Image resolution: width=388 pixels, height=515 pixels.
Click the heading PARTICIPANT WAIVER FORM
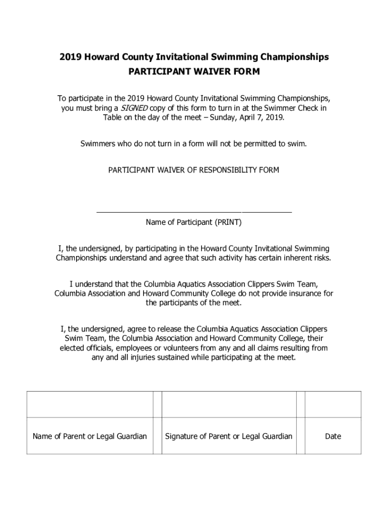pyautogui.click(x=194, y=71)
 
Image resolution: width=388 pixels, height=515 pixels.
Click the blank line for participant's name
pyautogui.click(x=194, y=211)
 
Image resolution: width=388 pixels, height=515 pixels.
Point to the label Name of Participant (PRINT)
pyautogui.click(x=194, y=222)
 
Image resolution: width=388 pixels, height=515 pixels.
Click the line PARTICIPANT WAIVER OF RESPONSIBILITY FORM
pyautogui.click(x=194, y=170)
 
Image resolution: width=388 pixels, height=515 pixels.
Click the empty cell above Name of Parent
pyautogui.click(x=90, y=404)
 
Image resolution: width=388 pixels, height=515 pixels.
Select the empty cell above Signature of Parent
pyautogui.click(x=229, y=404)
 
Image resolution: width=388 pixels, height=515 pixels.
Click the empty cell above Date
pyautogui.click(x=333, y=404)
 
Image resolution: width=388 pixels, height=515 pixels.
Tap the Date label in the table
pyautogui.click(x=333, y=436)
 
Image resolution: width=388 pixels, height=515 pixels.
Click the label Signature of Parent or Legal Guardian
pyautogui.click(x=229, y=436)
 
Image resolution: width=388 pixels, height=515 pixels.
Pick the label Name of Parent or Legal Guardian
pyautogui.click(x=90, y=436)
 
